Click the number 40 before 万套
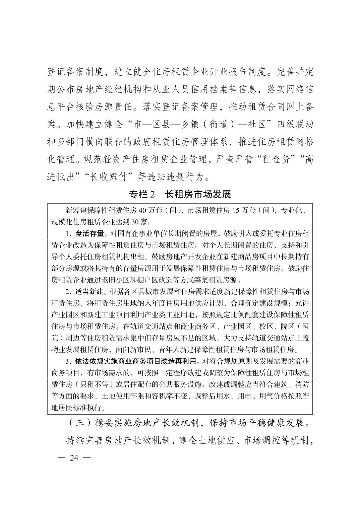click(x=142, y=211)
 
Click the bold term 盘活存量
click(x=89, y=233)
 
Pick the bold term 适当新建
click(x=89, y=291)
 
